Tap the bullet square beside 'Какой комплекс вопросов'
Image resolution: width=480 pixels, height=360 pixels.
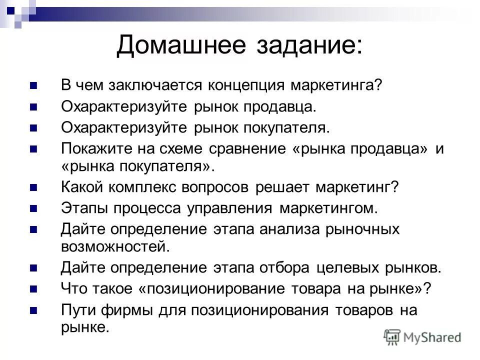(34, 187)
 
